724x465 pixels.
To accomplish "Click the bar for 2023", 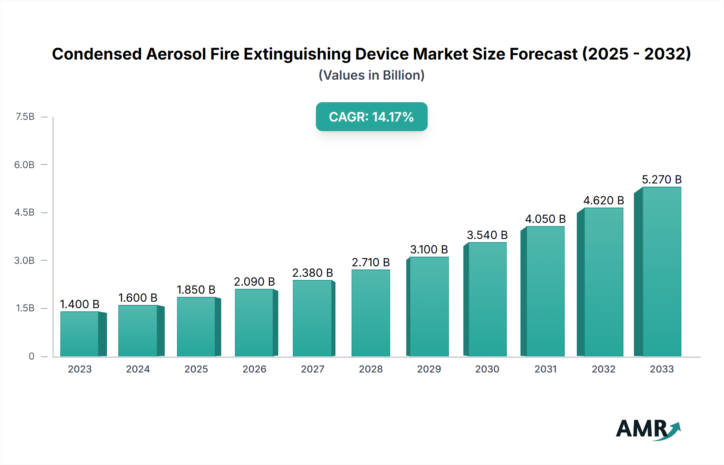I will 80,334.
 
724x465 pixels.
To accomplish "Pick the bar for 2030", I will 487,299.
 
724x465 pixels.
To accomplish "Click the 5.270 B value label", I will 662,179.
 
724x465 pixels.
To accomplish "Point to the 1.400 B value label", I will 80,304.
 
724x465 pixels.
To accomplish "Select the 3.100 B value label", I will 429,249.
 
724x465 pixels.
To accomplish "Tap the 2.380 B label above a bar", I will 313,273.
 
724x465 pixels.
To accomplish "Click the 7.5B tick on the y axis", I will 25,117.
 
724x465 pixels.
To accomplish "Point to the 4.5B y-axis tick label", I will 25,212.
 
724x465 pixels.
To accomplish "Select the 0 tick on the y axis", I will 31,356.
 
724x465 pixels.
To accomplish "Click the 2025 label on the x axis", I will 196,369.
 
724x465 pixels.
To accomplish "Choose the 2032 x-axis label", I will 603,369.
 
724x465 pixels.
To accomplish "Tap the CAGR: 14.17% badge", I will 371,117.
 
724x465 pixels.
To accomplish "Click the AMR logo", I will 648,429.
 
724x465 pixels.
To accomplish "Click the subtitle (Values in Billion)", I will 371,75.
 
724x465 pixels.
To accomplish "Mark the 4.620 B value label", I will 603,200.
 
